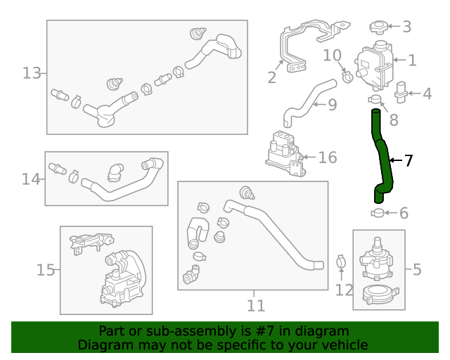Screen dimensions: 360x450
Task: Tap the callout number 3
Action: click(406, 27)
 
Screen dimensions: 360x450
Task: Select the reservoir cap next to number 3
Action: click(378, 28)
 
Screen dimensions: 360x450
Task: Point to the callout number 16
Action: click(328, 157)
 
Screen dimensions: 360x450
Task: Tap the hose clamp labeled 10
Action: click(347, 75)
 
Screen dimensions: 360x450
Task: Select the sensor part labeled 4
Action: click(401, 92)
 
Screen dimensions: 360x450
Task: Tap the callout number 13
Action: click(32, 73)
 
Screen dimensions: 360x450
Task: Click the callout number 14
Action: click(30, 179)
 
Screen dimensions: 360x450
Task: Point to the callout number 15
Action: click(46, 270)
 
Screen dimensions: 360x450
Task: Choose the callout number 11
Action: click(256, 305)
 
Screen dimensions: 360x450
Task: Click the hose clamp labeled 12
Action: click(341, 263)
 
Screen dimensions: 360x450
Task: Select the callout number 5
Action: click(417, 269)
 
